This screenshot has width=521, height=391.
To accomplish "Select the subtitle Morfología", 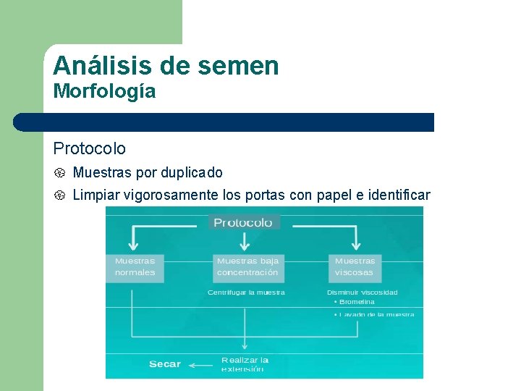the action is coord(104,92).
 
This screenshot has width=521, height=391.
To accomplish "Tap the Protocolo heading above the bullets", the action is coord(89,148).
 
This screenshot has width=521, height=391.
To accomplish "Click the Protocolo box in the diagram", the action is coord(243,222).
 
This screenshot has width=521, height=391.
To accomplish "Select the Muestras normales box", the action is coord(135,266).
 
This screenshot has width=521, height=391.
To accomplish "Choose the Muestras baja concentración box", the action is coord(247,266).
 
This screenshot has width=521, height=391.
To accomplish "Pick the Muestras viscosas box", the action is coord(355,266).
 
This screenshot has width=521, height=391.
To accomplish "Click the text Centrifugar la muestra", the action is coord(246,293).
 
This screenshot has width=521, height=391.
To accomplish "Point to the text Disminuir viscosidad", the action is coord(362,293).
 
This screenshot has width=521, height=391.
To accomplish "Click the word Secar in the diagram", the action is coord(164,364).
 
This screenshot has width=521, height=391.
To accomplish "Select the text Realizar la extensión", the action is coord(245,364).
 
